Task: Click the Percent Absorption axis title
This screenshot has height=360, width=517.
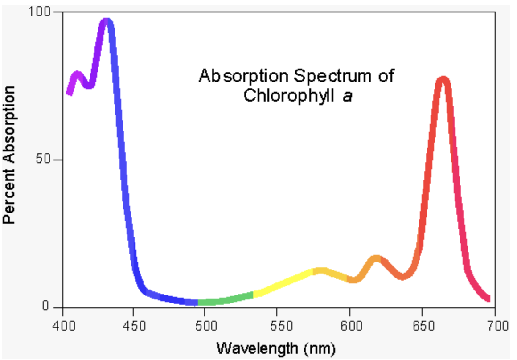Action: [x=10, y=154]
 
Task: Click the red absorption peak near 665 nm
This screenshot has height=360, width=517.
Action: [x=443, y=80]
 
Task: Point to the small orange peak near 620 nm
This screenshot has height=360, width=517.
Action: [x=377, y=258]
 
